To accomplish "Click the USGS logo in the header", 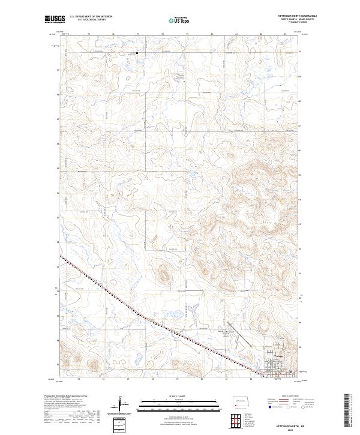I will (55, 19).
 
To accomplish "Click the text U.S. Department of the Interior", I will (91, 16).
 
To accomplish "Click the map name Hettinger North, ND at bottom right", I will (298, 423).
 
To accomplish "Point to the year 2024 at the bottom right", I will (298, 428).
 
